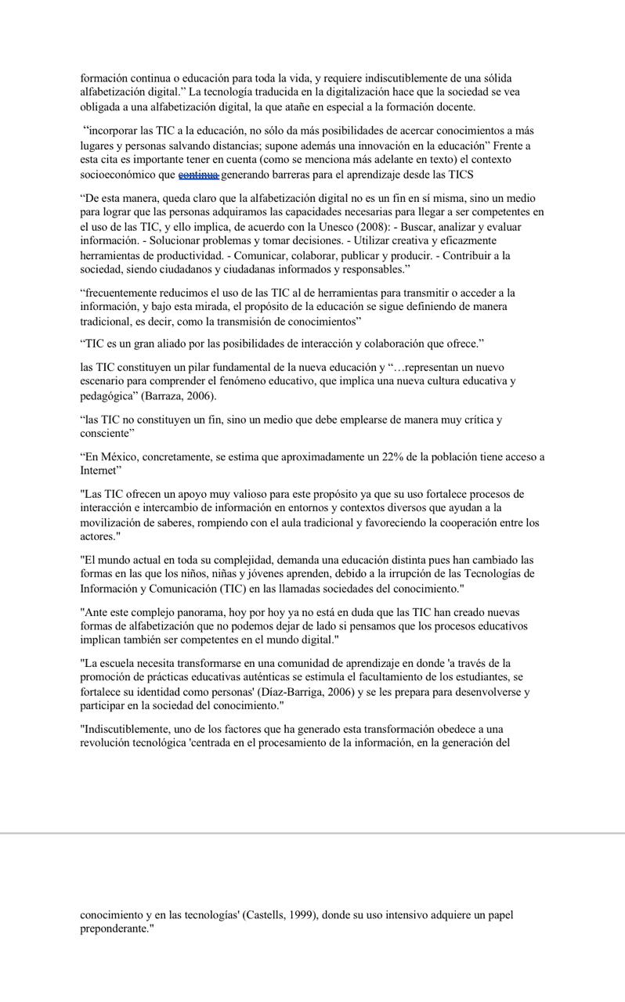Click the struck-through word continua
pyautogui.click(x=199, y=175)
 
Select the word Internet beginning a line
pyautogui.click(x=98, y=471)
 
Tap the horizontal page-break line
pyautogui.click(x=312, y=833)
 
